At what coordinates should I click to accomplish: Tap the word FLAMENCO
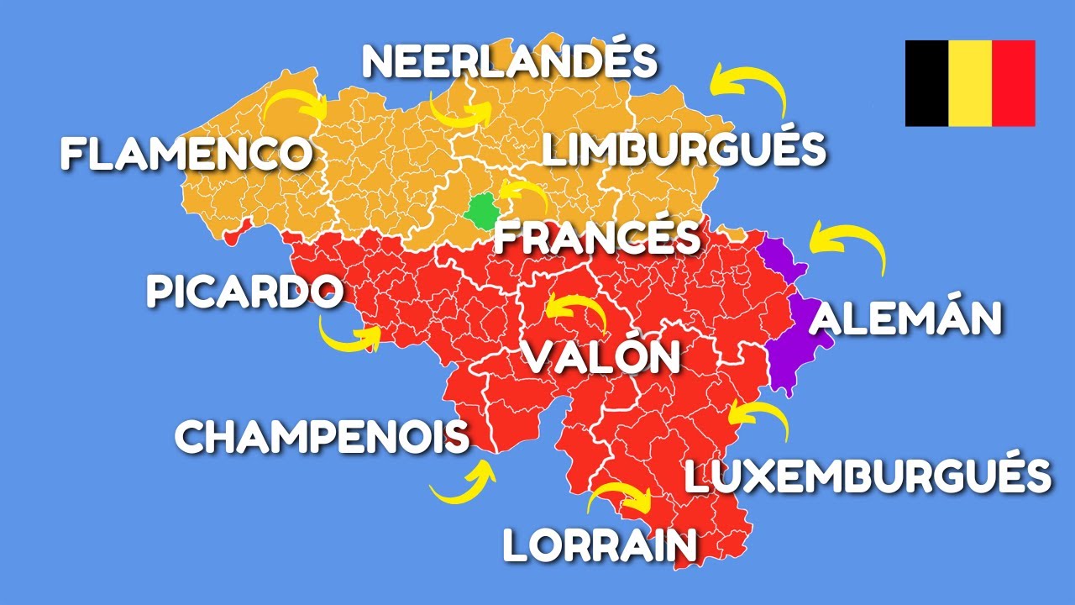pyautogui.click(x=186, y=154)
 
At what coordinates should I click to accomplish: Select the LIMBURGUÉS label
pyautogui.click(x=684, y=150)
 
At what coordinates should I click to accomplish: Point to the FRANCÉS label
pyautogui.click(x=596, y=238)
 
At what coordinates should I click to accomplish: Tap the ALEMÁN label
pyautogui.click(x=907, y=319)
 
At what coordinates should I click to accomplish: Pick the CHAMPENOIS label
pyautogui.click(x=322, y=437)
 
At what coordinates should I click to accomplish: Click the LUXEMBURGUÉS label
pyautogui.click(x=868, y=476)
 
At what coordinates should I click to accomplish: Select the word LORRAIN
pyautogui.click(x=600, y=545)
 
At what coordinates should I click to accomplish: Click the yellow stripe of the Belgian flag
pyautogui.click(x=970, y=83)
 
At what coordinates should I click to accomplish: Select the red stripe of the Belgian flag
pyautogui.click(x=1013, y=83)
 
